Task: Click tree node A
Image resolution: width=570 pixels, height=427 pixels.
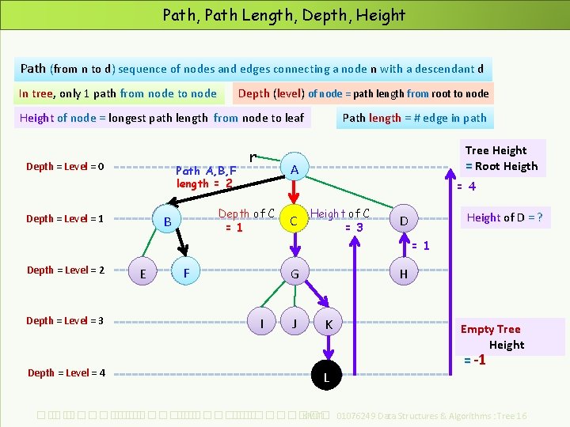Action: click(x=294, y=169)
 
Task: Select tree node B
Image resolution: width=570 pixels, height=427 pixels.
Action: click(x=168, y=221)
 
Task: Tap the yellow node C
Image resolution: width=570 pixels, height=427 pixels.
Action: click(x=293, y=221)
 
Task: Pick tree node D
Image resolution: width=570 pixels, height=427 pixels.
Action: click(x=404, y=220)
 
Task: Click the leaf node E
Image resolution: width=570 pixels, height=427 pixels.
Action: click(x=142, y=274)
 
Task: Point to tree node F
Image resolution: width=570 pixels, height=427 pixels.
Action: click(x=186, y=273)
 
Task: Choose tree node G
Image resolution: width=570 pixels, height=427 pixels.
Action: click(x=294, y=274)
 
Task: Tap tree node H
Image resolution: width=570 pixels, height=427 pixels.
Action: click(x=404, y=274)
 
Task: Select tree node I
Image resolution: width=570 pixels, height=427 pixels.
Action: click(x=262, y=323)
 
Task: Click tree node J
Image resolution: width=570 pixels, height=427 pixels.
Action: click(x=294, y=323)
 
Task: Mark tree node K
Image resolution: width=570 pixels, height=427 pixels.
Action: click(x=329, y=324)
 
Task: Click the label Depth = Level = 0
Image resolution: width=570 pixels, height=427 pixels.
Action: click(x=65, y=166)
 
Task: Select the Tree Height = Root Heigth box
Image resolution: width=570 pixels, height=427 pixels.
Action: click(x=501, y=158)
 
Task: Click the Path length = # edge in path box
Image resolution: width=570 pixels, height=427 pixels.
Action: click(x=414, y=118)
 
